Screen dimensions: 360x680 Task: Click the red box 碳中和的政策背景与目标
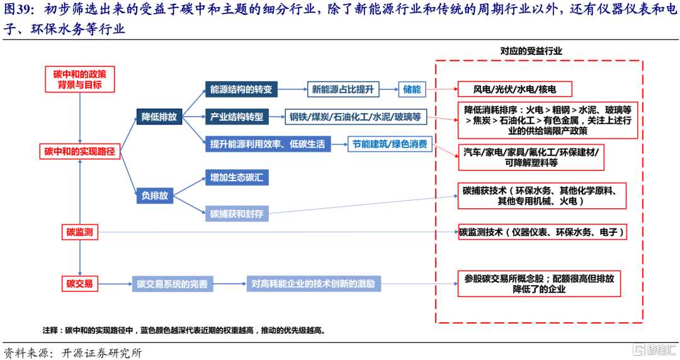click(79, 79)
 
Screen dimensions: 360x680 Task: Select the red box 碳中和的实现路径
click(80, 152)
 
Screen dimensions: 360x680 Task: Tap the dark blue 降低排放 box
click(159, 116)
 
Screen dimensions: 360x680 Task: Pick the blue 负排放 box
click(154, 196)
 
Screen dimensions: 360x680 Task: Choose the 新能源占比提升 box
click(343, 89)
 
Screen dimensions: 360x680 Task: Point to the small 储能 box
click(412, 89)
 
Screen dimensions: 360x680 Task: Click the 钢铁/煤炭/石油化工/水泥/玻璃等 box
click(356, 117)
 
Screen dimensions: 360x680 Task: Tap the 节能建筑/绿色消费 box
click(390, 145)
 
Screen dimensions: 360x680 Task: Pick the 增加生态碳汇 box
click(237, 178)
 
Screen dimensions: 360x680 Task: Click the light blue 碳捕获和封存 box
click(237, 214)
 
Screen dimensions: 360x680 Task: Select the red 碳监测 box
click(80, 232)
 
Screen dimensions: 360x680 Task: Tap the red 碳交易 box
click(80, 284)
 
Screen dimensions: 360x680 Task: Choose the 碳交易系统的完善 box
click(172, 284)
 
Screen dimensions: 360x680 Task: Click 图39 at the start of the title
click(19, 11)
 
